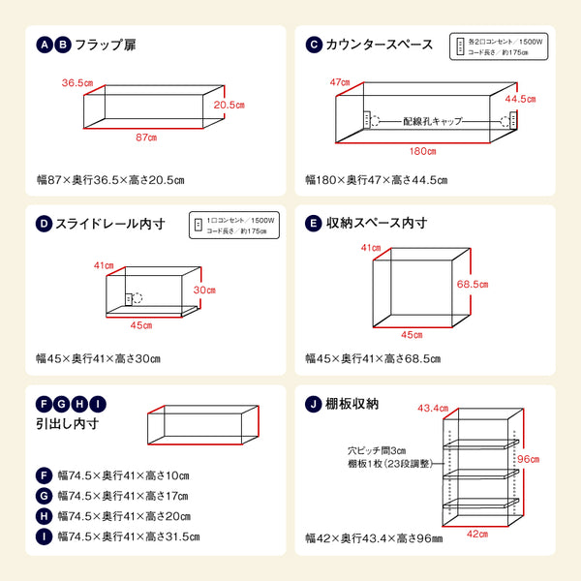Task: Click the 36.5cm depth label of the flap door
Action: pos(77,83)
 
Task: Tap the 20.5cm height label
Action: pos(227,105)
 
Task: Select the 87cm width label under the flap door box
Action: pos(145,138)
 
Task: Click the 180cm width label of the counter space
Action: pos(420,151)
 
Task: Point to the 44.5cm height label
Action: pos(519,99)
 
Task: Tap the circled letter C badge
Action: pos(313,44)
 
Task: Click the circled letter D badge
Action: pos(43,224)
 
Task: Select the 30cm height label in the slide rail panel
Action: pos(202,290)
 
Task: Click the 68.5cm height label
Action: pos(471,285)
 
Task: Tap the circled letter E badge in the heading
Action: pos(313,224)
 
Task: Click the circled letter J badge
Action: pos(313,404)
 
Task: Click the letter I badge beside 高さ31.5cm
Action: pos(44,535)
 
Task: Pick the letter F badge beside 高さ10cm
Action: pos(44,475)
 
